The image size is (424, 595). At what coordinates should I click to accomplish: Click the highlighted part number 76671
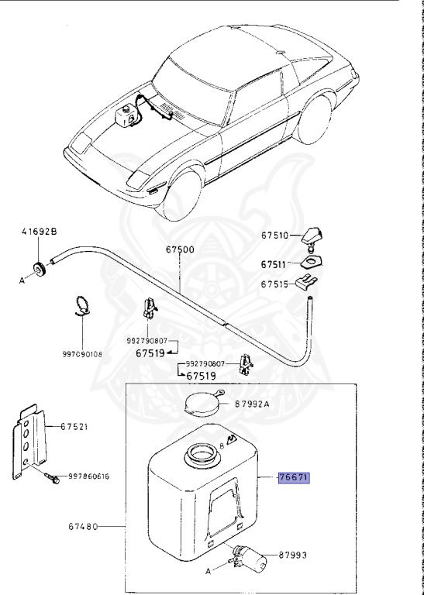[x=294, y=478]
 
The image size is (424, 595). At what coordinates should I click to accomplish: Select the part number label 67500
[x=180, y=250]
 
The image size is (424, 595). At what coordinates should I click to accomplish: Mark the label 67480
[x=83, y=527]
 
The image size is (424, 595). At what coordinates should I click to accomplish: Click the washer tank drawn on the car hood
[x=124, y=116]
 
